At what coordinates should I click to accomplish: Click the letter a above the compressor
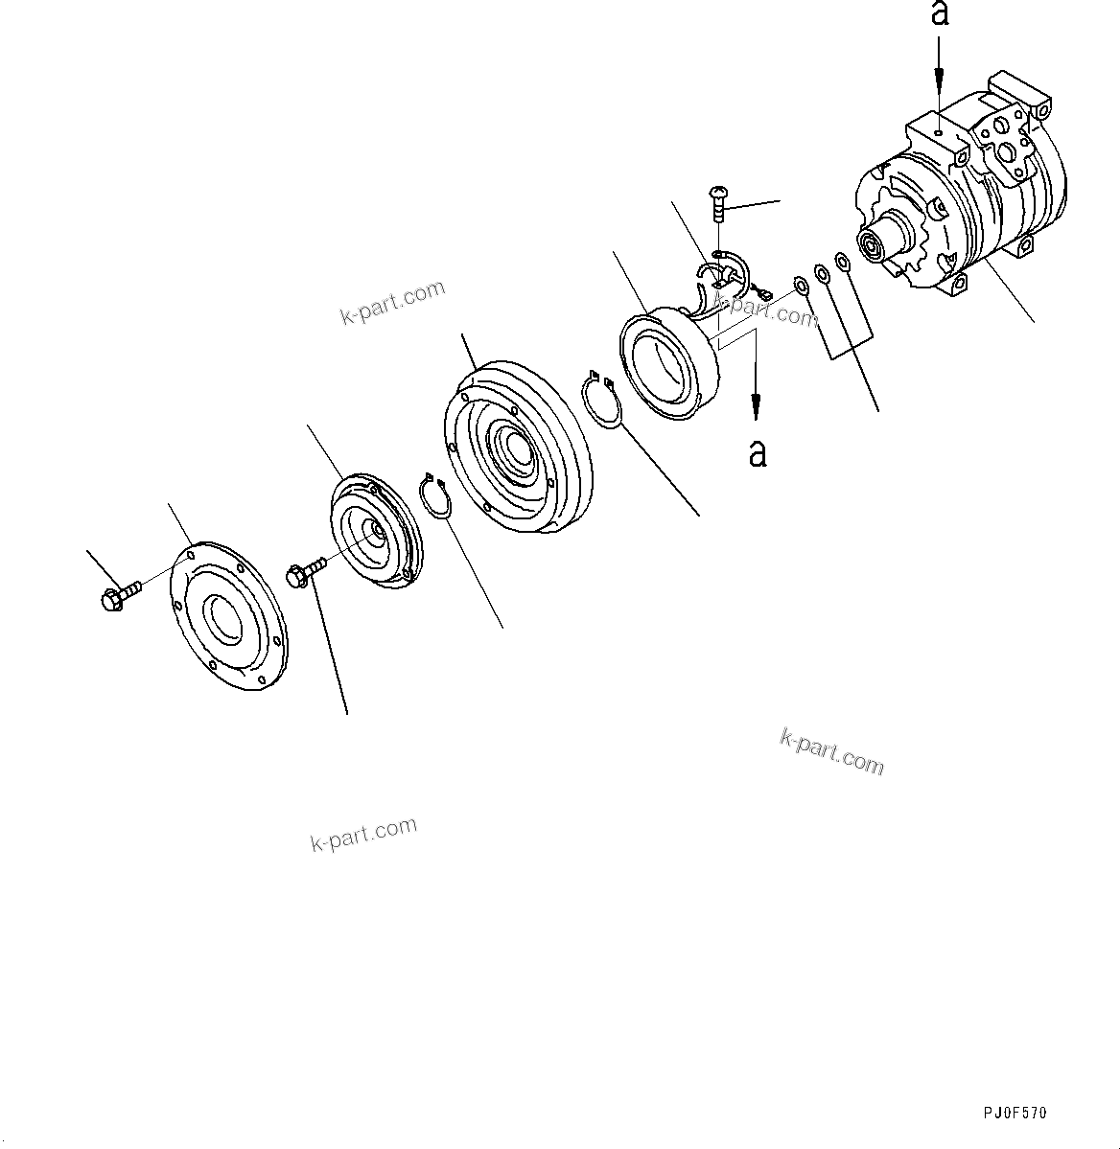coord(941,13)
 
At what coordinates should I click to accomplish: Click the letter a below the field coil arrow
coord(758,452)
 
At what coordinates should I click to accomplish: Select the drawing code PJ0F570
coord(1015,1113)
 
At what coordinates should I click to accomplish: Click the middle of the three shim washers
coord(822,274)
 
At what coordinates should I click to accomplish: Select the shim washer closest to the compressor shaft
coord(842,262)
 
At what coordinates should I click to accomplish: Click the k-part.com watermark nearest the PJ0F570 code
coord(831,751)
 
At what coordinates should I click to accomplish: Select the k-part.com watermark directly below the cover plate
coord(364,833)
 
